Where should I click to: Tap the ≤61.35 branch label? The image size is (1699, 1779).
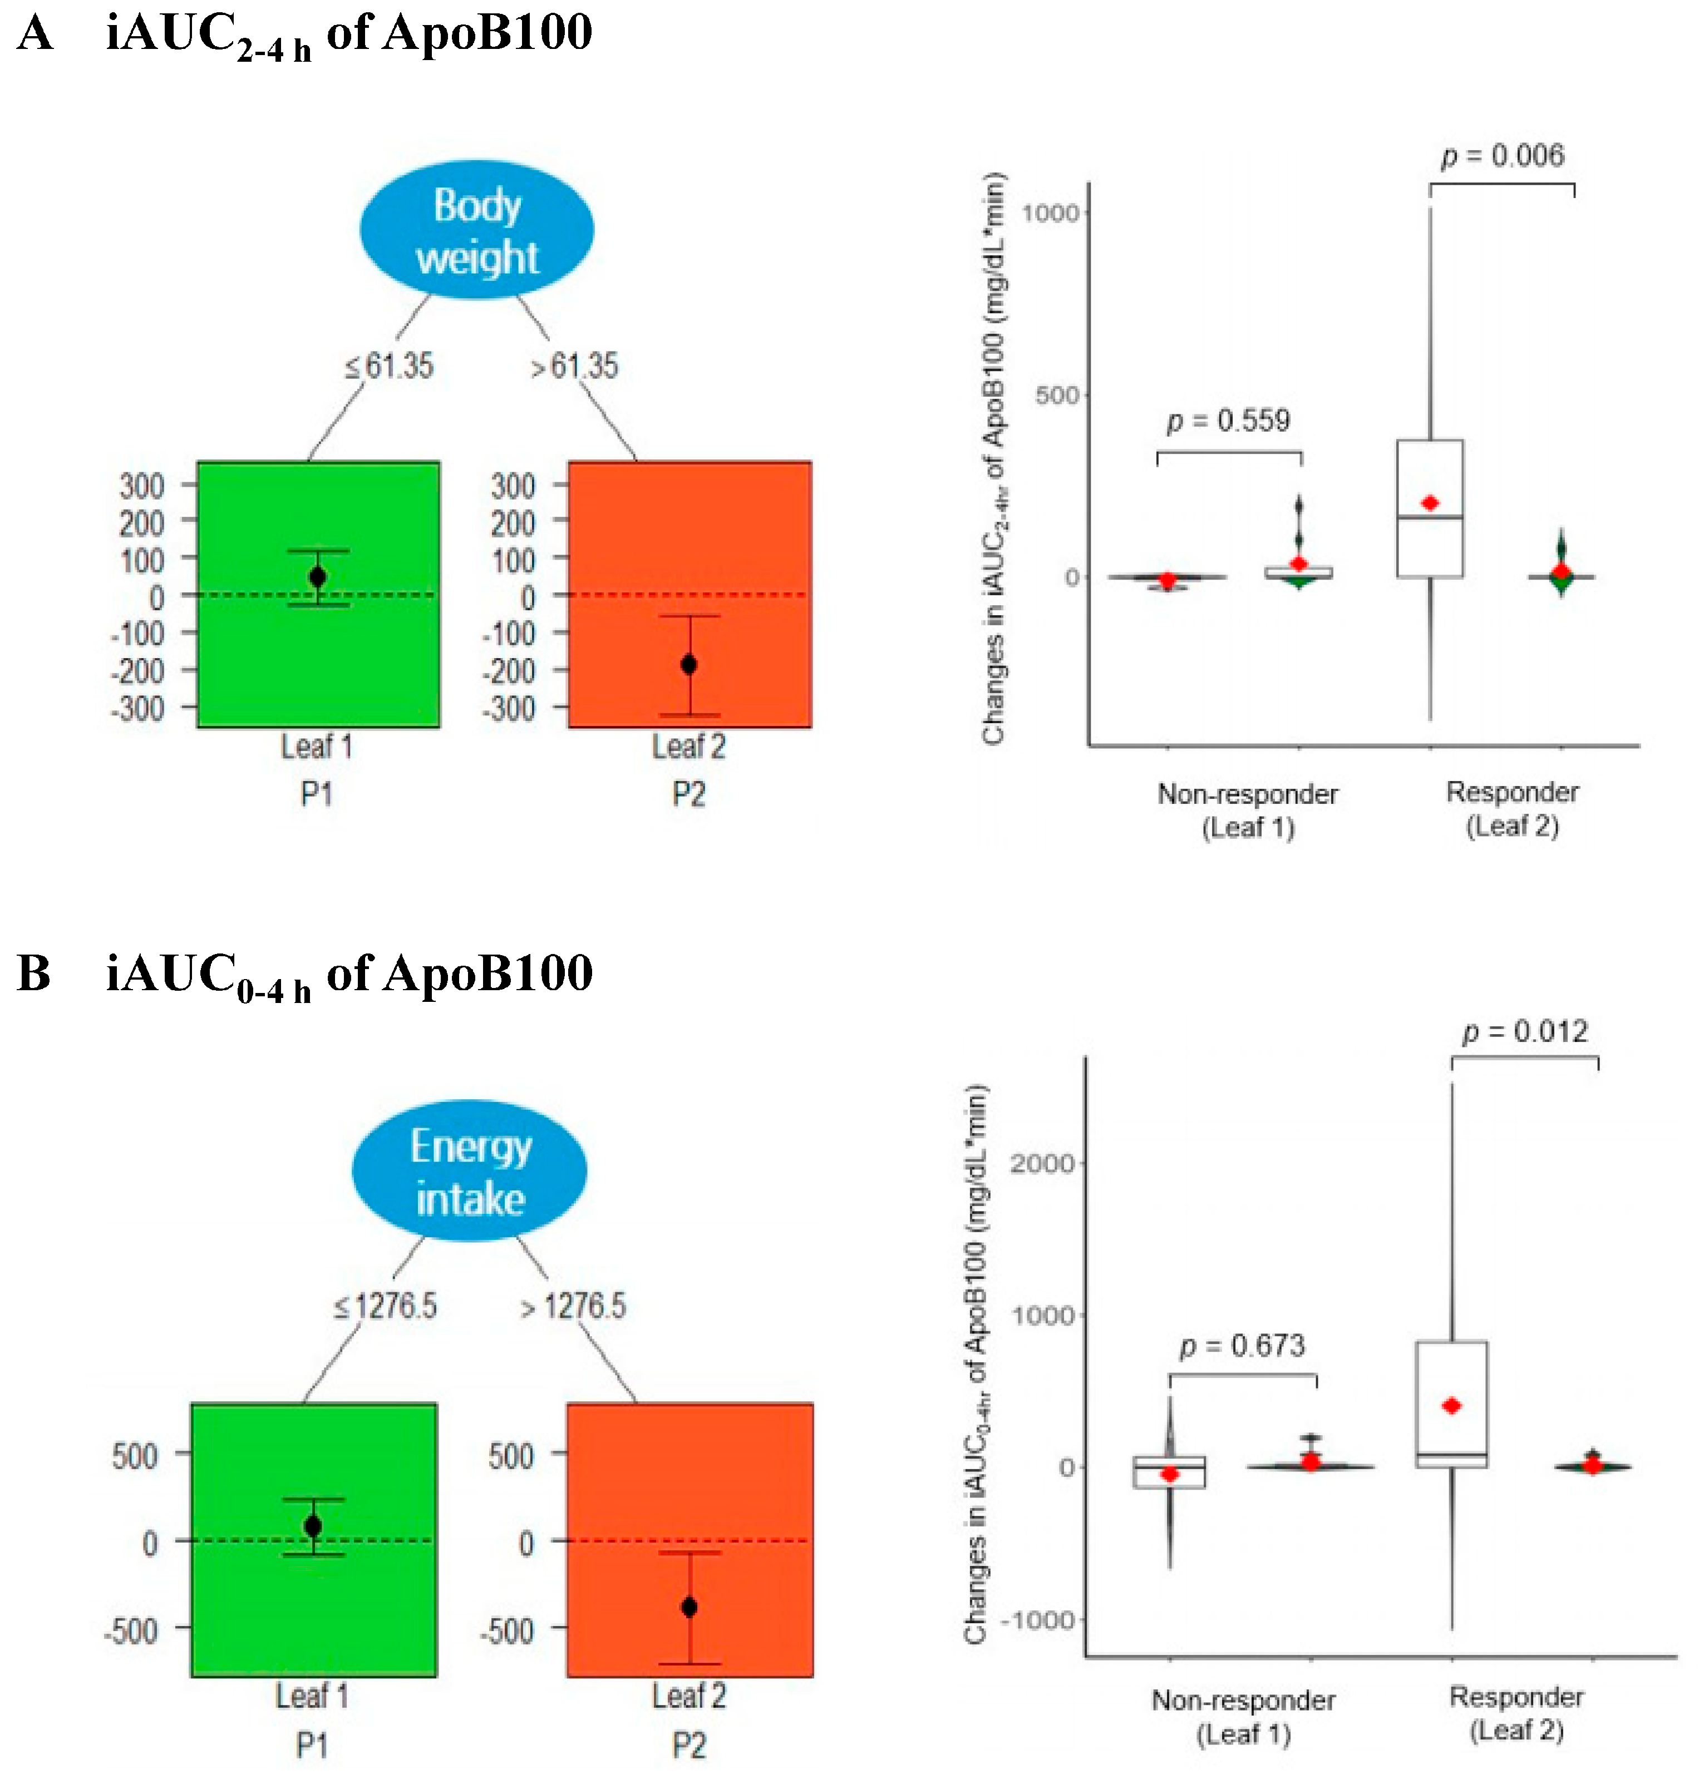tap(390, 367)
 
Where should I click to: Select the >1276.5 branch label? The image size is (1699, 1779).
tap(573, 1306)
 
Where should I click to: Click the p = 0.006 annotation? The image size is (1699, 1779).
tap(1503, 156)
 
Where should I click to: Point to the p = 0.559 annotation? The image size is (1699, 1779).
tap(1228, 421)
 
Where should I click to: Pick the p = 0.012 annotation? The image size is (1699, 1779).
tap(1525, 1032)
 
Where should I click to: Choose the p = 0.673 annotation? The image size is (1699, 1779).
tap(1243, 1346)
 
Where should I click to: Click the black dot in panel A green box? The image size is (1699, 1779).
tap(317, 577)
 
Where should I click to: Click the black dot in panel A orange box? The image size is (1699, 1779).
tap(688, 665)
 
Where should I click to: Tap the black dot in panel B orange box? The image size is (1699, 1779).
tap(689, 1608)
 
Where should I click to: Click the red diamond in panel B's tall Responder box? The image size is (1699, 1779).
tap(1452, 1406)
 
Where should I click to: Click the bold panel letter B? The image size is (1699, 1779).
tap(33, 974)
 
